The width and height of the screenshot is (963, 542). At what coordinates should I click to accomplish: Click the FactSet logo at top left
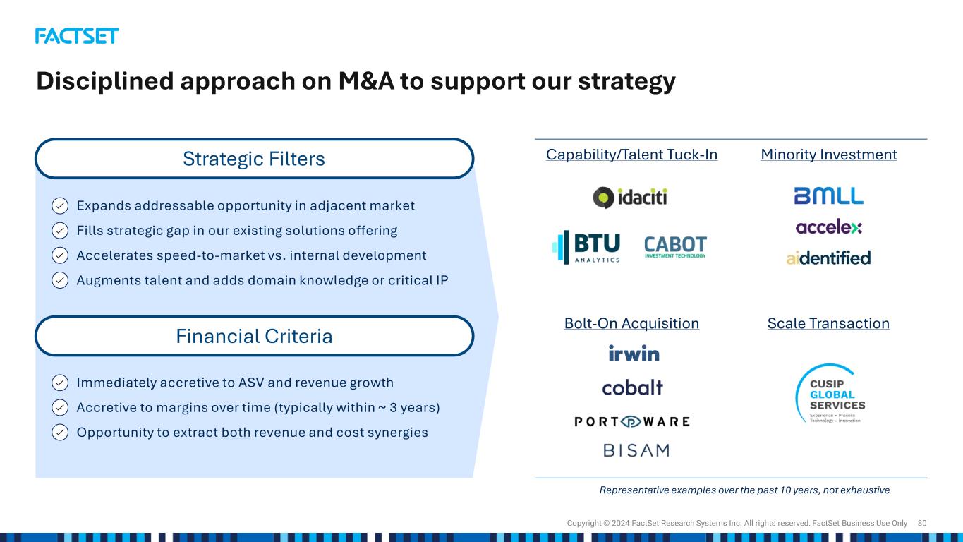(x=77, y=36)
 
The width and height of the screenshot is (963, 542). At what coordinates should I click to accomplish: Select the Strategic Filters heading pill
(x=254, y=158)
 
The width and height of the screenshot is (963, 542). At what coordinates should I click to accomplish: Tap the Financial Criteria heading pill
(x=254, y=336)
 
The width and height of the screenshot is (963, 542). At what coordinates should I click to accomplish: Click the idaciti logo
(x=630, y=198)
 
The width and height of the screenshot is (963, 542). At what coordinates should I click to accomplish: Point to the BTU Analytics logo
(x=586, y=247)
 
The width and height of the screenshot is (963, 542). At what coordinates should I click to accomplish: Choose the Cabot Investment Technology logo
(x=675, y=247)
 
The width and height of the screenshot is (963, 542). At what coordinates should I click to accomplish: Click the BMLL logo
(x=828, y=195)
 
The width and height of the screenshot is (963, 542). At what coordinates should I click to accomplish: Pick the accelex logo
(x=828, y=227)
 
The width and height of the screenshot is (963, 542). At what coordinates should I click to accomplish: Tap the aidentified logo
(x=828, y=258)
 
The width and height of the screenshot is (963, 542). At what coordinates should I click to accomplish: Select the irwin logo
(x=634, y=353)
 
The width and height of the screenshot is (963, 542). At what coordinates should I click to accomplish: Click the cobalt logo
(x=632, y=387)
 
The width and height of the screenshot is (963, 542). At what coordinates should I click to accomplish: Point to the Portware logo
(x=632, y=421)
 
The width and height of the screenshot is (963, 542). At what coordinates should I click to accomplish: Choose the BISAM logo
(x=636, y=450)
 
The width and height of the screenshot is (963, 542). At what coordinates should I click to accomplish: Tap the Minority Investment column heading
(x=829, y=155)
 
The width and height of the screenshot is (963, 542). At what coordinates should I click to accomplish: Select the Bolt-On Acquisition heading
(x=631, y=323)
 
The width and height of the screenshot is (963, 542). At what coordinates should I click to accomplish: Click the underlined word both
(x=236, y=433)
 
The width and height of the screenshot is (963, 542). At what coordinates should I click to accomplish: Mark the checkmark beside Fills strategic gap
(x=60, y=231)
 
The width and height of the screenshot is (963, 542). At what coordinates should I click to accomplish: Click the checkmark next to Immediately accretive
(x=60, y=383)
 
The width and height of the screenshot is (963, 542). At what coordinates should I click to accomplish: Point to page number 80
(x=921, y=523)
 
